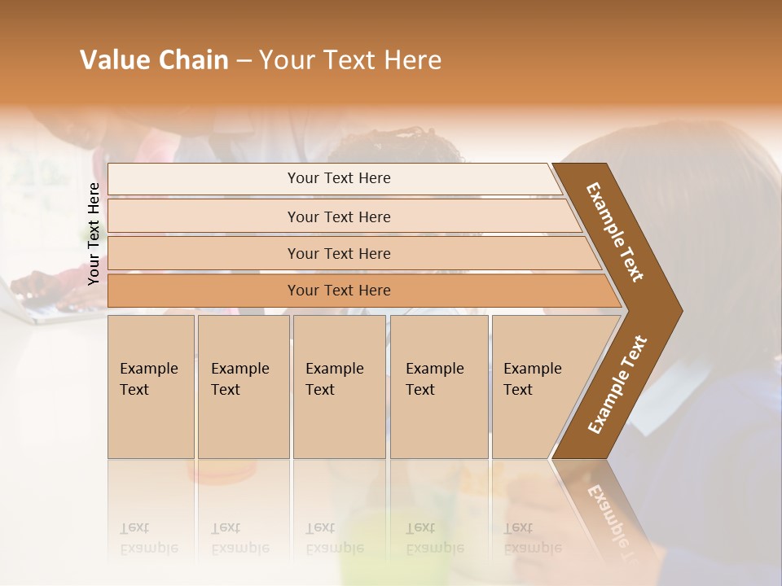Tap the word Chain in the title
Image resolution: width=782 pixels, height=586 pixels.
193,60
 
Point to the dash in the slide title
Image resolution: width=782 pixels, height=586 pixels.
243,61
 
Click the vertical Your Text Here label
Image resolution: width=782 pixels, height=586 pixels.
94,234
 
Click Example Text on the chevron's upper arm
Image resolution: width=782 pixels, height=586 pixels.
615,232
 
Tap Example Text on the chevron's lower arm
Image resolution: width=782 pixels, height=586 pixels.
617,384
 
